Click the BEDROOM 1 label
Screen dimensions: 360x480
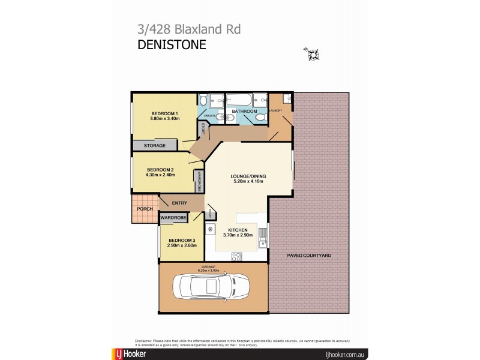(x=164, y=114)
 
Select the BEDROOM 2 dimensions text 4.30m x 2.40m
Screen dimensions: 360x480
(x=160, y=175)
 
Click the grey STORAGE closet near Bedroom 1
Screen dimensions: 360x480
(x=155, y=145)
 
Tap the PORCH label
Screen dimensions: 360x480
(x=144, y=209)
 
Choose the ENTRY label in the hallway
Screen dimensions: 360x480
(x=179, y=203)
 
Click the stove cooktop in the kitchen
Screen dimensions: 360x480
(x=236, y=256)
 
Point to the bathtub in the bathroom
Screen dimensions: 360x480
(x=239, y=100)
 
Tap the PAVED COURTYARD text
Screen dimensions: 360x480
(x=310, y=256)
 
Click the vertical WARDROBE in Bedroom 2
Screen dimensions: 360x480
(x=197, y=181)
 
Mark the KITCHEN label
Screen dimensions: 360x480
(x=238, y=230)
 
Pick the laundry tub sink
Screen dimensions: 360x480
(x=287, y=98)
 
